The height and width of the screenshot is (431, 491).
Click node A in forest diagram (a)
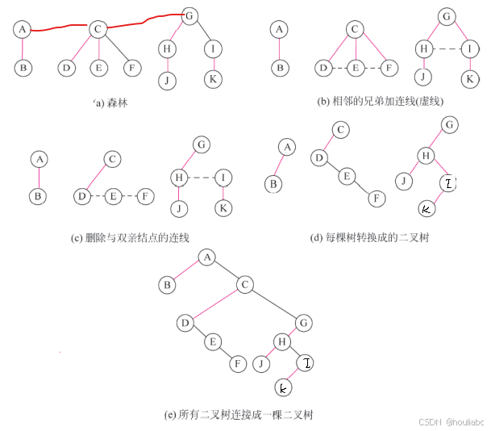tap(23, 30)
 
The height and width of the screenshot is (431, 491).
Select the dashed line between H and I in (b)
tap(447, 48)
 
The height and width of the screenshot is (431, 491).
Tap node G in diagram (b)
tap(446, 16)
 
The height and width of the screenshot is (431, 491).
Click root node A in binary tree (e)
tap(207, 257)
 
